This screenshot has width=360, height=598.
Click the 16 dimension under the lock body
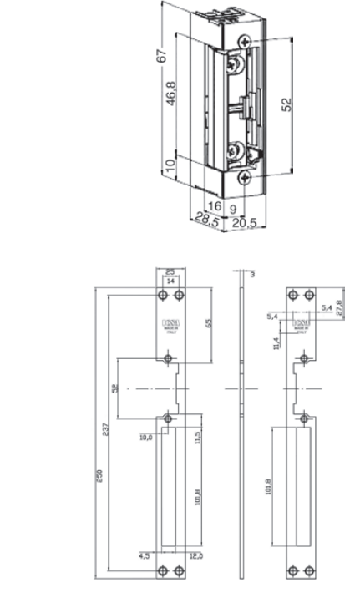click(x=214, y=205)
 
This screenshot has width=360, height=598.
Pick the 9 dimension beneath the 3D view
click(x=234, y=205)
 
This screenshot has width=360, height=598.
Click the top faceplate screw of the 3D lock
click(x=245, y=41)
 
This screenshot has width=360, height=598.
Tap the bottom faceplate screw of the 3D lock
click(x=244, y=177)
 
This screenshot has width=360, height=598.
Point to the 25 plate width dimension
click(x=170, y=272)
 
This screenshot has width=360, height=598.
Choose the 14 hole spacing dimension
click(x=170, y=282)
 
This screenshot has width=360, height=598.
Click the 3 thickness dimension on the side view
click(x=251, y=273)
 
